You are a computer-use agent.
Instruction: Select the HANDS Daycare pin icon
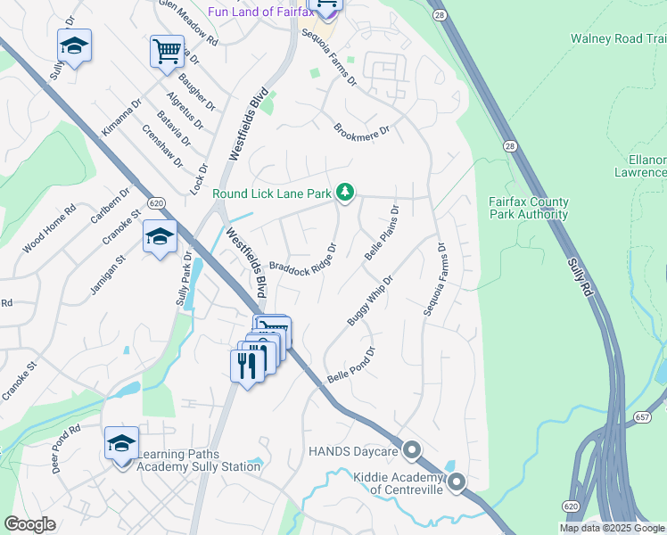pos(412,450)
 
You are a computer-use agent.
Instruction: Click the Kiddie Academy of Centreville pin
pos(457,483)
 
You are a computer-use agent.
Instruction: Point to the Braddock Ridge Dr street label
pos(303,259)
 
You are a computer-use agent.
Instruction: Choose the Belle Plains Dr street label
pos(381,232)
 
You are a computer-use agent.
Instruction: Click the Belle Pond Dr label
pos(354,363)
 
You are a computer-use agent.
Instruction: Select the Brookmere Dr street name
pos(362,130)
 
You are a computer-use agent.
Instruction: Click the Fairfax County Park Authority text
pos(528,208)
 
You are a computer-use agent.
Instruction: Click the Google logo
pos(29,524)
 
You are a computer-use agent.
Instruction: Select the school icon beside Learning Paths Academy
pos(122,443)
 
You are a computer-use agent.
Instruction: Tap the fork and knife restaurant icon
pos(247,365)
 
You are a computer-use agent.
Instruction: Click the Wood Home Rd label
pos(51,228)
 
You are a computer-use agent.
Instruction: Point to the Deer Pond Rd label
pos(66,449)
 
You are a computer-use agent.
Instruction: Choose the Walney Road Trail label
pos(619,38)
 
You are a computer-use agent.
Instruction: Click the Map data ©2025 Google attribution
pos(611,528)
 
